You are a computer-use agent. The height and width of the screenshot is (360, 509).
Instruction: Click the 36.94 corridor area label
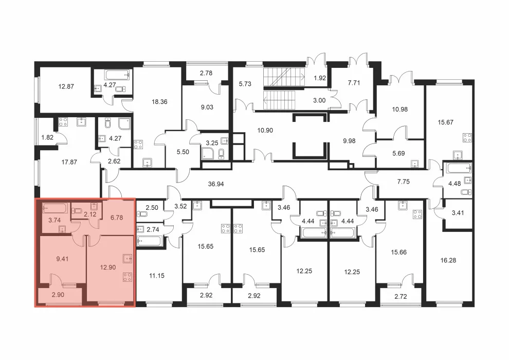[x=216, y=184]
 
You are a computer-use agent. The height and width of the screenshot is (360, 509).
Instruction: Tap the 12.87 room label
[x=66, y=86]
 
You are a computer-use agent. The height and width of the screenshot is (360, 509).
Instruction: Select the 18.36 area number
[x=159, y=102]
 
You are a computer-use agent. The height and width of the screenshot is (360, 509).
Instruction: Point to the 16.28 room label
[x=448, y=260]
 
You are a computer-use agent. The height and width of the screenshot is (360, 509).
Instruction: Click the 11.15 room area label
[x=157, y=276]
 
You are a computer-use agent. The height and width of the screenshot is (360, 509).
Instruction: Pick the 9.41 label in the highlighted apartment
[x=62, y=259]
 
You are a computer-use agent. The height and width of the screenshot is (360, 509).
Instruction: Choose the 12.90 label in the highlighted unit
[x=108, y=267]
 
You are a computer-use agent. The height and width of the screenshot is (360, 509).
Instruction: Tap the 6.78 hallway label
[x=117, y=218]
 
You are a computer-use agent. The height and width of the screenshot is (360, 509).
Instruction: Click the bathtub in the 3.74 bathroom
[x=55, y=208]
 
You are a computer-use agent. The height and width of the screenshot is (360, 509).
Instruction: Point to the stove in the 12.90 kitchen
[x=128, y=277]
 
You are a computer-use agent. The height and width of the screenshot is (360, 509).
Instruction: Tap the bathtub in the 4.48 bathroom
[x=459, y=168]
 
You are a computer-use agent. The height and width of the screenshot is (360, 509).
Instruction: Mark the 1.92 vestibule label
[x=319, y=78]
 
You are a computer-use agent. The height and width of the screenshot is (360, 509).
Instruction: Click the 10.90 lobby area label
[x=265, y=130]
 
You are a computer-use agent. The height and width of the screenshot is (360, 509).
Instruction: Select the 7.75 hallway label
[x=403, y=182]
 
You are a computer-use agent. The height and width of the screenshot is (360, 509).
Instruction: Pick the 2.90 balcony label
[x=58, y=295]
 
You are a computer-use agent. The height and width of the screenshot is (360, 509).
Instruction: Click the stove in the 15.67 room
[x=467, y=138]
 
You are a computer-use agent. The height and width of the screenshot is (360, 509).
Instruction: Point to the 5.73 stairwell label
[x=245, y=84]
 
